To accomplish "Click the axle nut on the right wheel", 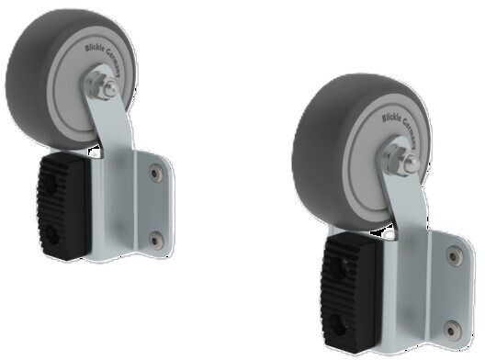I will (403, 165).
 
